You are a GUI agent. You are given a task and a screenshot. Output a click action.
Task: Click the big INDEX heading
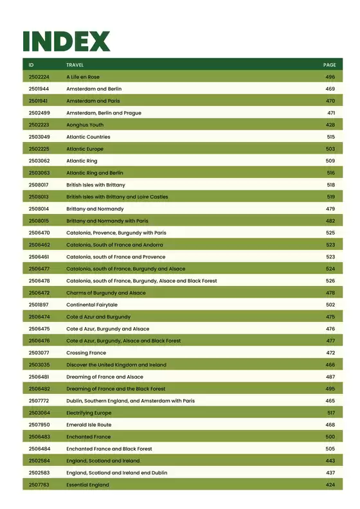pos(66,41)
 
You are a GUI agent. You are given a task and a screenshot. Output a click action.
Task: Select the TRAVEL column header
pos(75,65)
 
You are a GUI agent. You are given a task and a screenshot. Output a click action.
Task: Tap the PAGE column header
pos(329,65)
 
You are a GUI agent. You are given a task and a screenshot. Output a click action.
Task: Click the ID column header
pos(32,65)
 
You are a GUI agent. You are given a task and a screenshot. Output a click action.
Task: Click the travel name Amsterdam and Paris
pos(93,101)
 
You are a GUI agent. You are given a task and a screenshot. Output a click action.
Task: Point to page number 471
pos(330,113)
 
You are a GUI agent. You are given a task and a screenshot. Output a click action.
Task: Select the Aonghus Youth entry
pos(85,125)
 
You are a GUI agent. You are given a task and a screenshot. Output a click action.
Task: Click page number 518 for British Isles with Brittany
pos(330,185)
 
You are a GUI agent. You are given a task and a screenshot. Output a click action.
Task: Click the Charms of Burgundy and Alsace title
pos(106,293)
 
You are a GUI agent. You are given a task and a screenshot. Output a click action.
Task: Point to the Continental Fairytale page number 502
pos(330,305)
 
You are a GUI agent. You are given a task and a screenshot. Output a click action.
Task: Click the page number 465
pos(330,401)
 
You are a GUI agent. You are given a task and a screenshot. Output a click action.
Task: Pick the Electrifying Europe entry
pos(89,413)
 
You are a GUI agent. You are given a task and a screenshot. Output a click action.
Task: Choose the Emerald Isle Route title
pos(89,425)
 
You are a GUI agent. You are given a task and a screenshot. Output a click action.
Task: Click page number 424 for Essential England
pos(330,485)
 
